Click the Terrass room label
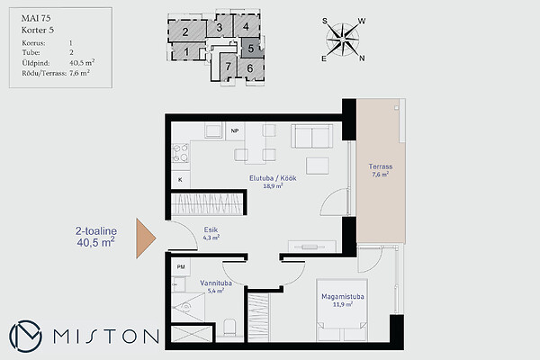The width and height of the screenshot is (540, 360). pyautogui.click(x=380, y=166)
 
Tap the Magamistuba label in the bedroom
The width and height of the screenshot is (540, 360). pyautogui.click(x=343, y=297)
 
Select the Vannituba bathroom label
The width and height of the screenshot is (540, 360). pyautogui.click(x=216, y=283)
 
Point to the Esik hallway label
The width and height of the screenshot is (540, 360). pyautogui.click(x=211, y=229)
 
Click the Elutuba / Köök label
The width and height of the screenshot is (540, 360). pyautogui.click(x=273, y=178)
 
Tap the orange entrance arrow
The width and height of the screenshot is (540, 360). pyautogui.click(x=146, y=238)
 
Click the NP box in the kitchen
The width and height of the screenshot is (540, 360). pyautogui.click(x=235, y=130)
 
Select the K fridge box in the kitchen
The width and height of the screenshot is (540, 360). pyautogui.click(x=181, y=179)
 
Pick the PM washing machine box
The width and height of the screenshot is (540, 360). pyautogui.click(x=181, y=266)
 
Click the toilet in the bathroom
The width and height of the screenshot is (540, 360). pyautogui.click(x=229, y=328)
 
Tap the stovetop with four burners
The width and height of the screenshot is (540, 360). pyautogui.click(x=181, y=153)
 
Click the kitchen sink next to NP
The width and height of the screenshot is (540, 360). pyautogui.click(x=213, y=130)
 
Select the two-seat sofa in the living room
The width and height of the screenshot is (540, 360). pyautogui.click(x=312, y=136)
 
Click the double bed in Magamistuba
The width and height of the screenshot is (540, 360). pyautogui.click(x=342, y=310)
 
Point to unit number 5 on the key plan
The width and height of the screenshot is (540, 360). pyautogui.click(x=251, y=49)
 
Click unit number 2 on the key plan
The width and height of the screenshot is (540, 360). pyautogui.click(x=185, y=32)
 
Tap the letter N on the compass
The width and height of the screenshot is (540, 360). pyautogui.click(x=362, y=58)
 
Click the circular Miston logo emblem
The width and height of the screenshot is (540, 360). pyautogui.click(x=25, y=337)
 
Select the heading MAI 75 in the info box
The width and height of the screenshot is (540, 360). pyautogui.click(x=36, y=18)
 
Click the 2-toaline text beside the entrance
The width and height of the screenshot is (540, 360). pyautogui.click(x=96, y=230)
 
